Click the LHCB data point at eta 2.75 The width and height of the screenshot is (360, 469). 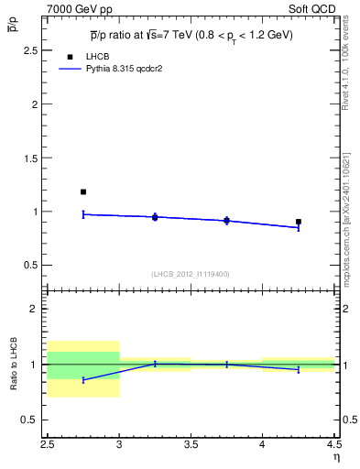click(x=83, y=191)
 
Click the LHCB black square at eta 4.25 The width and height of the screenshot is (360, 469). click(x=299, y=222)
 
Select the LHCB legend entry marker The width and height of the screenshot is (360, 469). click(x=71, y=56)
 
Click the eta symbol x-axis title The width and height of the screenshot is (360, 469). click(x=336, y=456)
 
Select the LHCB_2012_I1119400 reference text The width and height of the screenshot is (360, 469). click(x=191, y=274)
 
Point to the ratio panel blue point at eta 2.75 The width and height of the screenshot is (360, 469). click(x=83, y=379)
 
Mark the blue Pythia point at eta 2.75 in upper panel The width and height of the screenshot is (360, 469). click(x=83, y=214)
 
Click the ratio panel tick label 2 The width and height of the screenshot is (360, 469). click(x=36, y=309)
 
